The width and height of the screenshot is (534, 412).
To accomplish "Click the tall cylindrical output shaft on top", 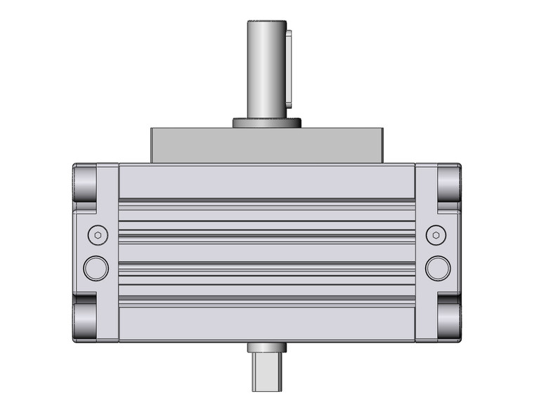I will [x=265, y=70].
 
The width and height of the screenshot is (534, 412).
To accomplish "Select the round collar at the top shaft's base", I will [x=267, y=124].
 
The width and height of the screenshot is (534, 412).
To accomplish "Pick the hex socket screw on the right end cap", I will [x=437, y=234].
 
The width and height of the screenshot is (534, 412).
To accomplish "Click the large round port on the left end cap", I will [x=96, y=267].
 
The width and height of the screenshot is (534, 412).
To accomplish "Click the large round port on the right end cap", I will [x=438, y=267].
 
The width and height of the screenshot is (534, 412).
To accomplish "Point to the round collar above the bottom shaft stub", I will [x=267, y=347].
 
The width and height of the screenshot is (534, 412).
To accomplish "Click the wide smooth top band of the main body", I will [x=267, y=182].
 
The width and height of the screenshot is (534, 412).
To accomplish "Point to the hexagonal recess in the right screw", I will [x=437, y=234].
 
